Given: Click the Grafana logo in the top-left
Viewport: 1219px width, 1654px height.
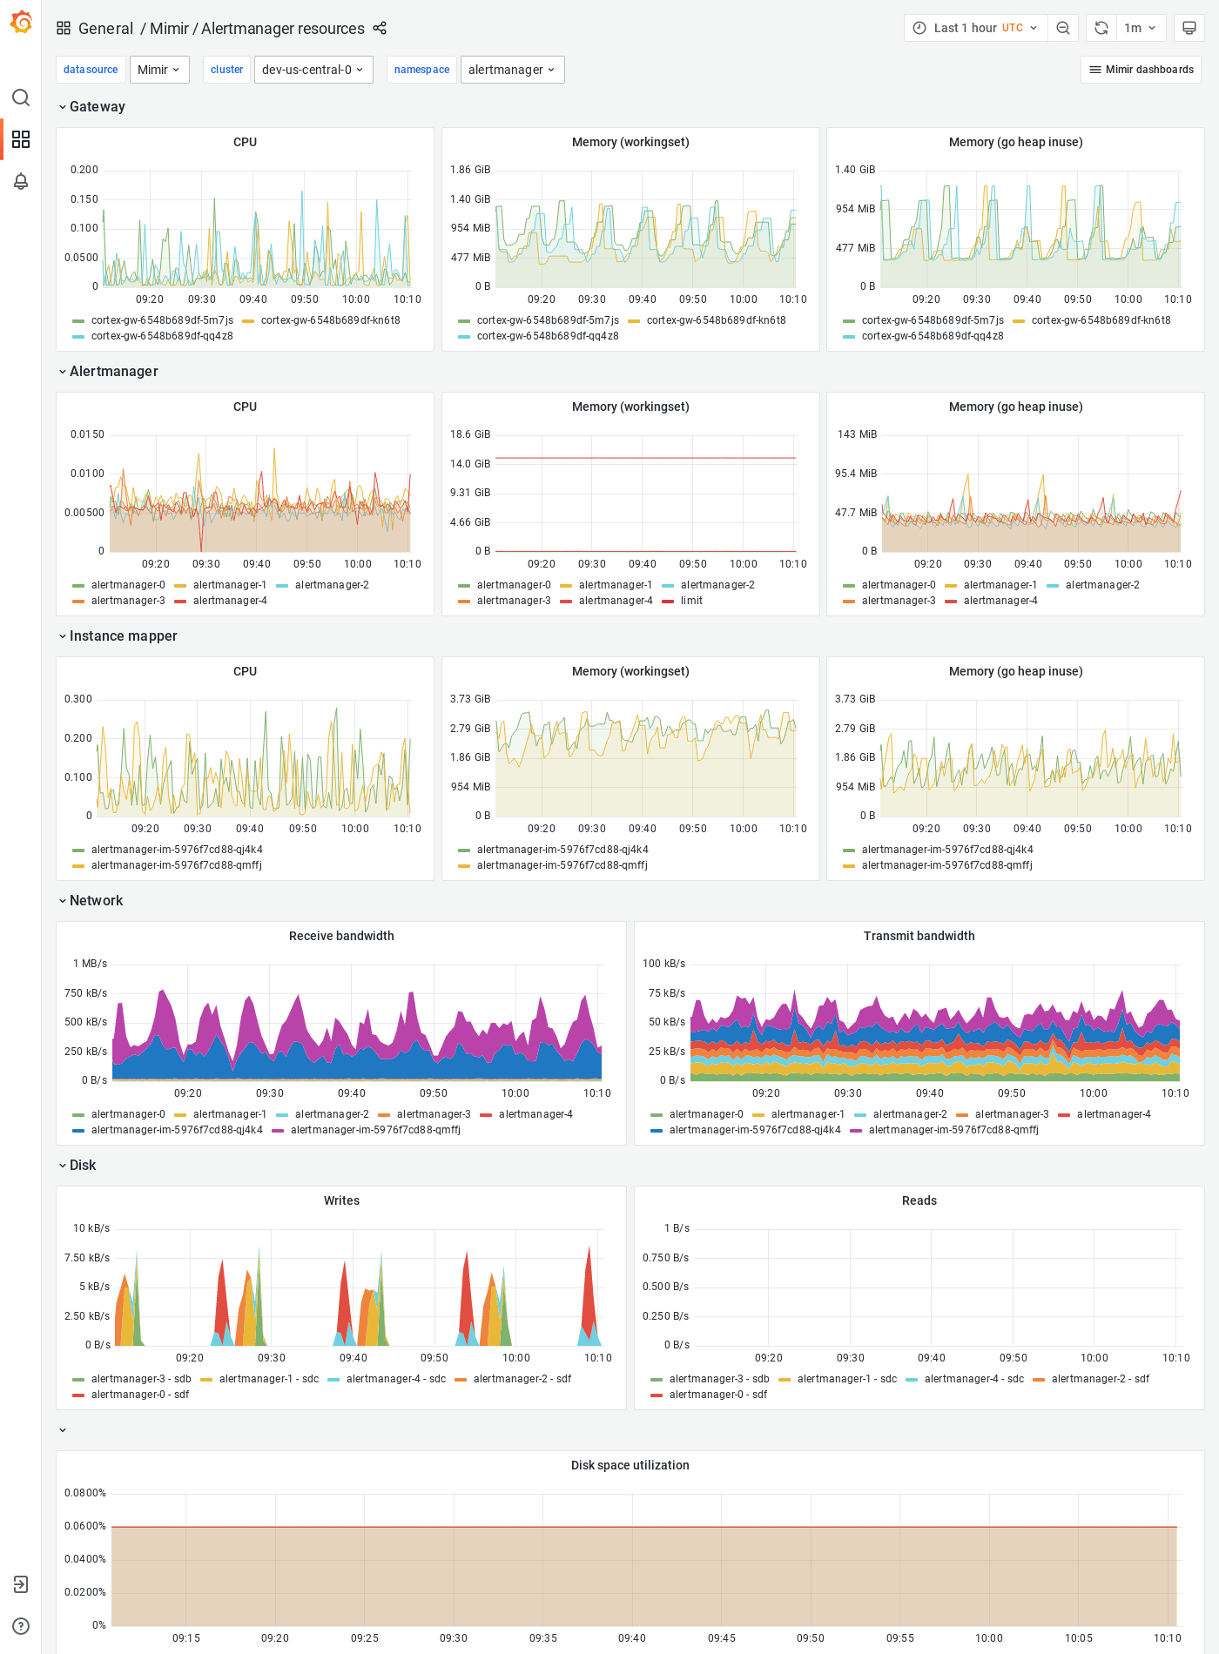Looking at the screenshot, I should click(21, 22).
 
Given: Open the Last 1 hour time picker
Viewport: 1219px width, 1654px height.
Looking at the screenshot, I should click(975, 28).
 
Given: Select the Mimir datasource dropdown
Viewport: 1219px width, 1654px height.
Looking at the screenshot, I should click(159, 70).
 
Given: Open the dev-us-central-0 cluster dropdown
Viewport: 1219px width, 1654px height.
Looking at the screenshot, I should click(313, 70).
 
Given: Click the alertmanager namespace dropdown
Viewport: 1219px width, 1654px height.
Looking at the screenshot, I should click(512, 70).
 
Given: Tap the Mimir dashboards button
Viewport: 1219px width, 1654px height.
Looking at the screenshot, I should click(1141, 70).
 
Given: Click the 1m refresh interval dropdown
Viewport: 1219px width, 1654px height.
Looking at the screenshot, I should click(1140, 28).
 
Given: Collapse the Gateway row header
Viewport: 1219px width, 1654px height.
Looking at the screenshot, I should click(97, 106).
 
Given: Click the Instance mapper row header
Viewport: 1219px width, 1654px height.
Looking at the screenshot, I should click(123, 635).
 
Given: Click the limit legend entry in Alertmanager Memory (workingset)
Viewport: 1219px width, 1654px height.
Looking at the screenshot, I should click(691, 601).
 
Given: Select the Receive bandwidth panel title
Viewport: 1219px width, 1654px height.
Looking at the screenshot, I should click(341, 936).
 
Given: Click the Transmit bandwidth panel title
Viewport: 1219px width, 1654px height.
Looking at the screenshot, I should click(919, 936).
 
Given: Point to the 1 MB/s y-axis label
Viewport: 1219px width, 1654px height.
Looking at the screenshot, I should click(90, 964).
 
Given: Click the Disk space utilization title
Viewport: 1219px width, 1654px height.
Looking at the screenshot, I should click(630, 1465).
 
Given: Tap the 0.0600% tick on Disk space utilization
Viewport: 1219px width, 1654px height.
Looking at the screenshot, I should click(85, 1526).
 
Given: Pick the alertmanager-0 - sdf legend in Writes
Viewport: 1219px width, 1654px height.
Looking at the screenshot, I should click(139, 1395).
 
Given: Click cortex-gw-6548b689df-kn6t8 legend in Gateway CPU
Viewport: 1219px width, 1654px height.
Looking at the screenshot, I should click(330, 320).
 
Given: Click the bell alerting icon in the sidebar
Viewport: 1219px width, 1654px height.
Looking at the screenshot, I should click(21, 181).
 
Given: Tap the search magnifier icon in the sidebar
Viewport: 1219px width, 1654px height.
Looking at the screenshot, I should click(21, 97).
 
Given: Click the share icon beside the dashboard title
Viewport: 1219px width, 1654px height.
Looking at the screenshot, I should click(380, 28).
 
